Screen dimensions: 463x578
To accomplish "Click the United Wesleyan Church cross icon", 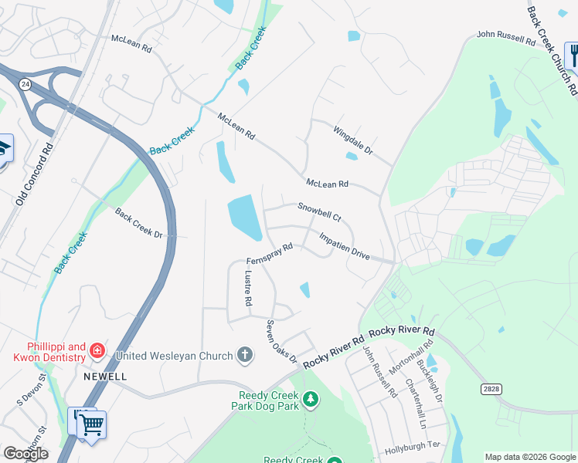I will point(244,356).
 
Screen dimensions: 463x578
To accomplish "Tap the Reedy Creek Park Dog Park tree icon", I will point(310,399).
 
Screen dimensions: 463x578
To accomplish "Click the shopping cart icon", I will point(90,424).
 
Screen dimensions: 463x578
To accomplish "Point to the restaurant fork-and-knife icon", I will point(573,56).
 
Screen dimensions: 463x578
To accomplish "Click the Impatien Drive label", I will point(344,244).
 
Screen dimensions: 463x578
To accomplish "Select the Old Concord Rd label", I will point(34,174).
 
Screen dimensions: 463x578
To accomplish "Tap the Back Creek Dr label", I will point(139,223).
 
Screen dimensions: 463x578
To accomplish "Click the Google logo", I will point(25,453).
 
